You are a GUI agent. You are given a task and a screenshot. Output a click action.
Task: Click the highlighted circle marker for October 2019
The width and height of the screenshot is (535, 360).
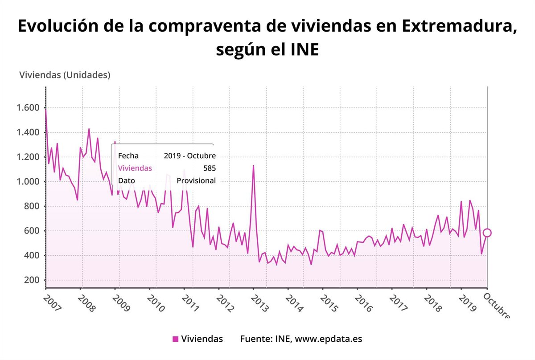point(487,233)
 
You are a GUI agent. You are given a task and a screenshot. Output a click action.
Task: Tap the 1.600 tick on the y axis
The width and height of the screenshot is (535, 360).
point(28,108)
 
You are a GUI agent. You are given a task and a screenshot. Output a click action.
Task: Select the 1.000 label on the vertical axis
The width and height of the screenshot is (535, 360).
point(28,182)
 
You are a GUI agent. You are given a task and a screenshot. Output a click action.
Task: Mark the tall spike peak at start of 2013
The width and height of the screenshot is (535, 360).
point(253,166)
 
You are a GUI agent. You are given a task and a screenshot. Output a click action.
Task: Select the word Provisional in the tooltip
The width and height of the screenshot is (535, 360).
point(196,181)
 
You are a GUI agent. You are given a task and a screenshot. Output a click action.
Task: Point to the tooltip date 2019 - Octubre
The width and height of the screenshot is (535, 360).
point(190,156)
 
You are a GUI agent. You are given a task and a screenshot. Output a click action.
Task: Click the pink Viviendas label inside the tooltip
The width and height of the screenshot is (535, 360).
point(135,168)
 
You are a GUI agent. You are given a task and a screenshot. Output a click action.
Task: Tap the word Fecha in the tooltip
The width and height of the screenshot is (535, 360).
point(128,156)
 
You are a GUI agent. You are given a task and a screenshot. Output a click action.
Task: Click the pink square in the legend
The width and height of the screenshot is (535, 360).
point(175,339)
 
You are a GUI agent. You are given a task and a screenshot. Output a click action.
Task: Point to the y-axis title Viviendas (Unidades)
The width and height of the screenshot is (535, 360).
point(65,75)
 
